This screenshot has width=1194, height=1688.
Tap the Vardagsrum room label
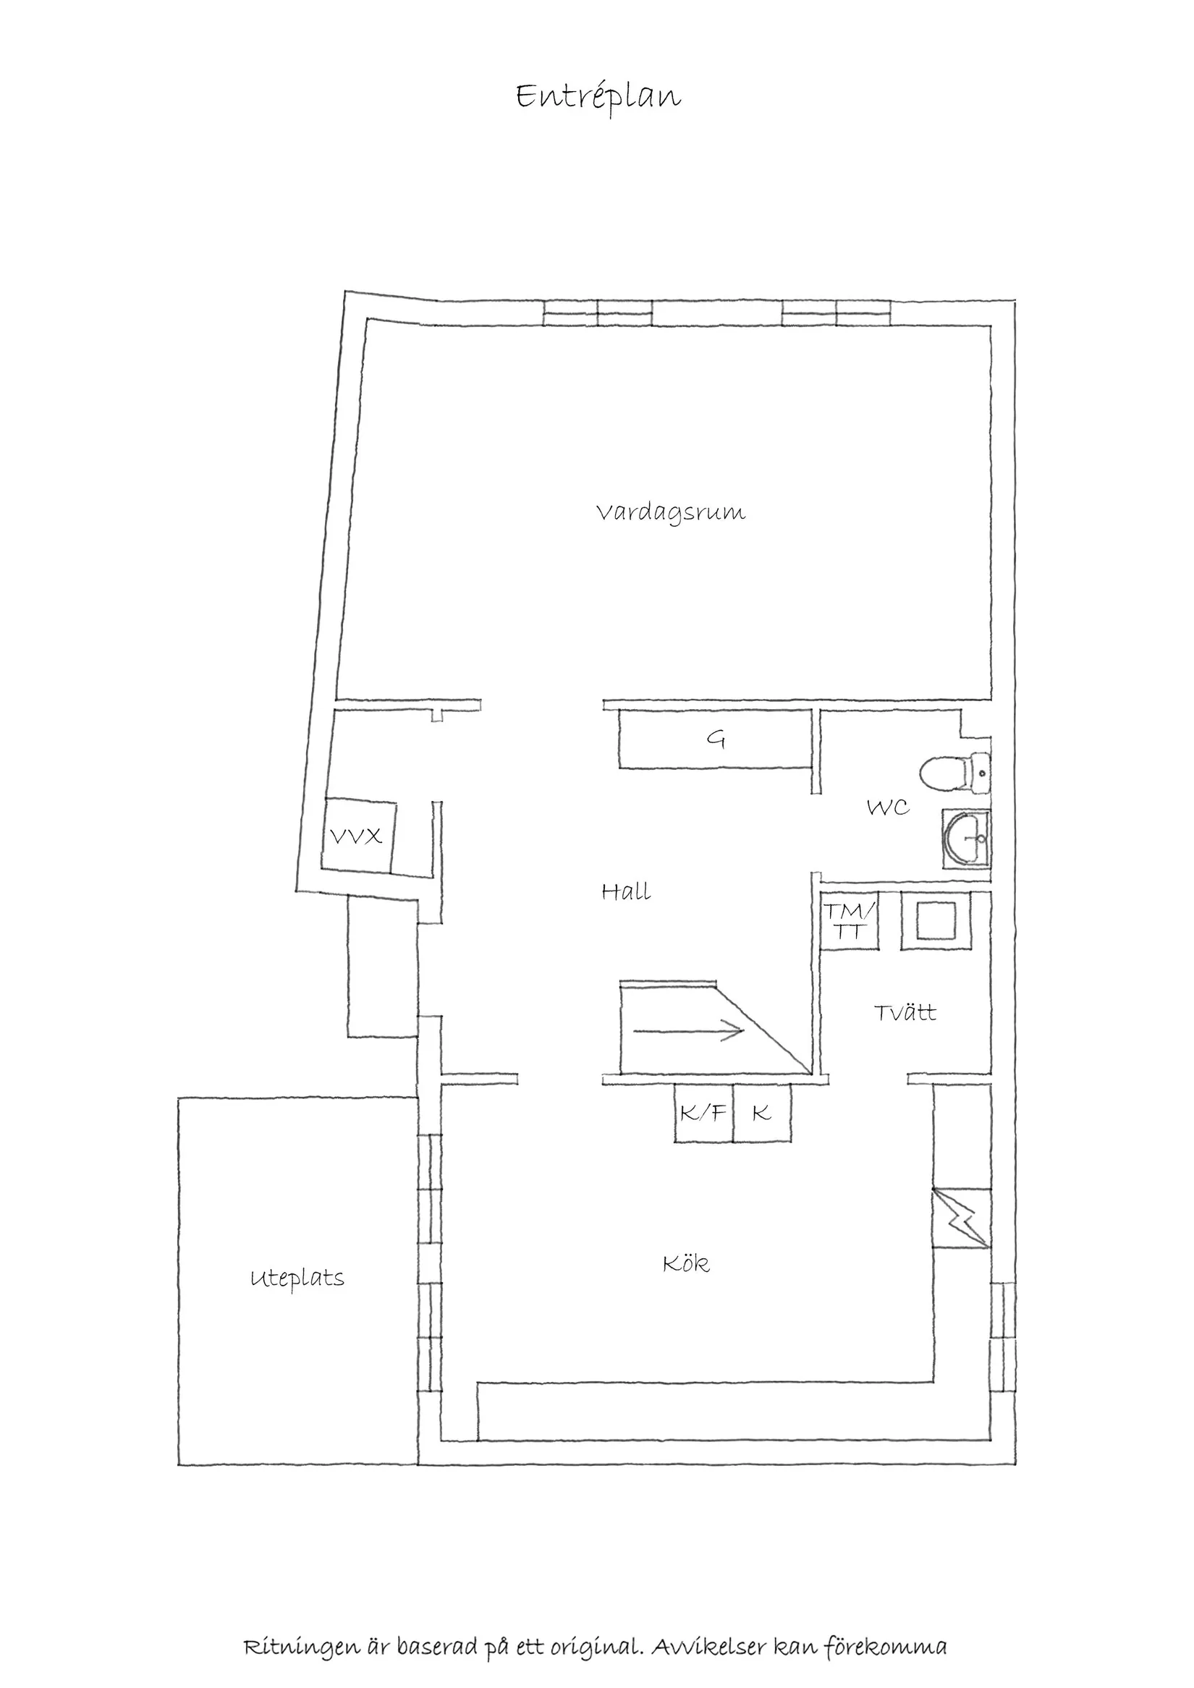670,512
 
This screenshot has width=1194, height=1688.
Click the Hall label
626,893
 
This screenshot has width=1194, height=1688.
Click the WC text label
887,808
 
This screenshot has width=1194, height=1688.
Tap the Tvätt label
905,1013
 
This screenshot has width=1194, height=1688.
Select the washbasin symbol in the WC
967,839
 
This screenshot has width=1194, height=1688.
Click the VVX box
358,836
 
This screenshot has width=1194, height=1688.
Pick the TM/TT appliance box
849,920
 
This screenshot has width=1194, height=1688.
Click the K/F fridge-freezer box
703,1114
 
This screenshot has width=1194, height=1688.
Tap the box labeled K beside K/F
762,1114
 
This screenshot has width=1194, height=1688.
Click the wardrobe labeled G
716,739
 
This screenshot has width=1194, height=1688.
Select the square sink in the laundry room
934,920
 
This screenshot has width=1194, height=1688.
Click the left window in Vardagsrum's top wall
597,313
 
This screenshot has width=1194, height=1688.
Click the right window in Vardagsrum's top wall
836,313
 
